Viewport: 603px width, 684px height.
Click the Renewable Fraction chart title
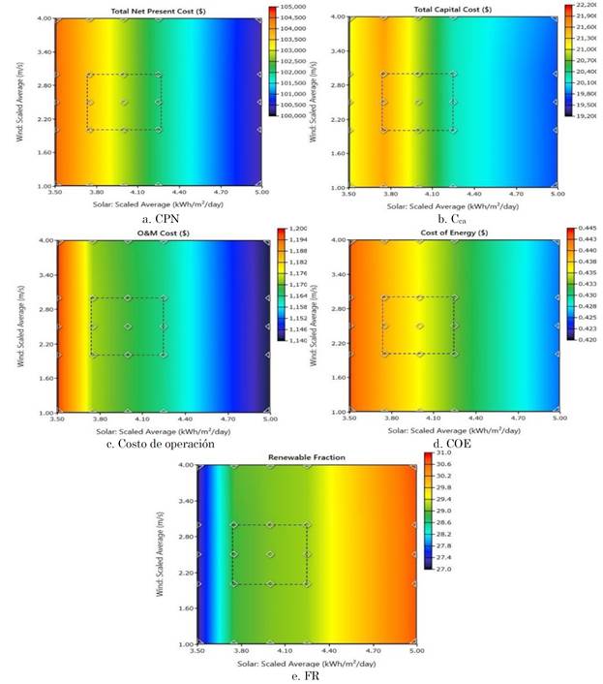[307, 456]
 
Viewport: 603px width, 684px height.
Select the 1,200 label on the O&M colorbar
[295, 232]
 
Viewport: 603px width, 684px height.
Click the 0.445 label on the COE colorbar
[587, 230]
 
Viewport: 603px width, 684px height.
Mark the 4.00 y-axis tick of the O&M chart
[47, 239]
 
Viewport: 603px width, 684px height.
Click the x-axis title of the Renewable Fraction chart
[307, 664]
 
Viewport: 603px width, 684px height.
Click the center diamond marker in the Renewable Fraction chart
[270, 555]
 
